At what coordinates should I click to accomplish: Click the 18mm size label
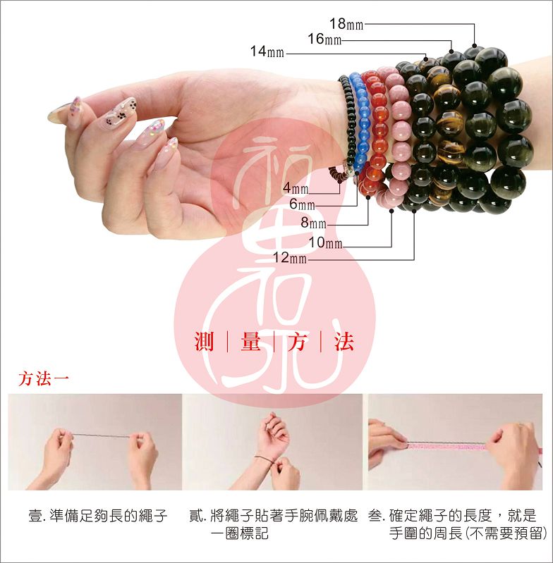coord(346,24)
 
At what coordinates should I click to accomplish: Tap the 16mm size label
coord(324,39)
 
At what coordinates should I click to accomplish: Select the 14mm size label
coord(267,51)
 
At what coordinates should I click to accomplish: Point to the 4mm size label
coord(296,188)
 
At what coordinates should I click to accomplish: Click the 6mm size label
coord(302,204)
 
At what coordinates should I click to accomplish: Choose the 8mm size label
coord(314,223)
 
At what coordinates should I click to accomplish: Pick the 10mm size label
coord(326,242)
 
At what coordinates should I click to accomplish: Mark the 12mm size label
coord(290,258)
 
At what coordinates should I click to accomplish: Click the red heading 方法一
coord(44,379)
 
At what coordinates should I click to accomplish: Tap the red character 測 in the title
coord(204,342)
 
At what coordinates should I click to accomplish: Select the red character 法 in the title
coord(344,342)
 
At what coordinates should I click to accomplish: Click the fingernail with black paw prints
coord(120,111)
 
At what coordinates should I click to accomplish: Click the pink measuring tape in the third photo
coord(446,446)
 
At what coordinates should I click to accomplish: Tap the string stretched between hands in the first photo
coord(102,435)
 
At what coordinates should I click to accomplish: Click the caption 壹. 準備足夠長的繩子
coord(98,516)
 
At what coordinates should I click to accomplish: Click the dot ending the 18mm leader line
coord(474,46)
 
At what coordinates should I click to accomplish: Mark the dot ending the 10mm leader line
coord(391,211)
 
